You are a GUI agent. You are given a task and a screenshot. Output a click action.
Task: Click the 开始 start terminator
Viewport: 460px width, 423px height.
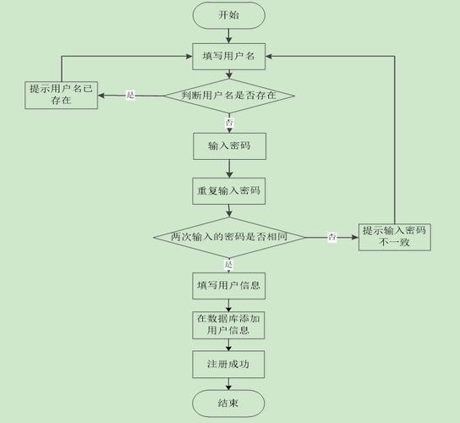coord(228,15)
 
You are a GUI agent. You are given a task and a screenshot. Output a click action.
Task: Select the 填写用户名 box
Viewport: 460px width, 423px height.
coord(228,58)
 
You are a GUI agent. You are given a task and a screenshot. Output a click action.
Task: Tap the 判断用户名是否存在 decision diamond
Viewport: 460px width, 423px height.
coord(228,96)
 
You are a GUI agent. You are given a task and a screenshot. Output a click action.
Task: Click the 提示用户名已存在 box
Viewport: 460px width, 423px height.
coord(61,95)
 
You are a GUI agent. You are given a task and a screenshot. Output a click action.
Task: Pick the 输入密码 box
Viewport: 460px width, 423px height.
coord(228,146)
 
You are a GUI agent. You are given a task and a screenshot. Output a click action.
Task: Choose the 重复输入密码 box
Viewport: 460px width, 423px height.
coord(228,191)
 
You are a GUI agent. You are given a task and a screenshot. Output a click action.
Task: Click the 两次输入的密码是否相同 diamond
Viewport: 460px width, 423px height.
coord(228,238)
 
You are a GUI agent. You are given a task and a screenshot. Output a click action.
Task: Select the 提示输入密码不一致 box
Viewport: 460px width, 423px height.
coord(394,237)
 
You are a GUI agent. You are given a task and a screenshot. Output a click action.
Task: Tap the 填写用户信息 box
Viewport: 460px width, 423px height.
coord(228,285)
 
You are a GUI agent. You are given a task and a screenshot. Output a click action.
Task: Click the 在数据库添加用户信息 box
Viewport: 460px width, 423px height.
coord(228,325)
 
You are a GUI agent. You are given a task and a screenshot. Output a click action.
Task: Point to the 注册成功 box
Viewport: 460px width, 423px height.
coord(228,364)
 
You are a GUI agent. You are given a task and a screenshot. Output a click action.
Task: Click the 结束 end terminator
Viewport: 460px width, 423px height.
coord(228,404)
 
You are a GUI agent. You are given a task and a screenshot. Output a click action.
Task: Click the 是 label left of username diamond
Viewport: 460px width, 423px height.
coord(130,96)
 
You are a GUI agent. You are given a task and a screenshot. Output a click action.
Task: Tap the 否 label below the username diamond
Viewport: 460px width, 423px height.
coord(228,123)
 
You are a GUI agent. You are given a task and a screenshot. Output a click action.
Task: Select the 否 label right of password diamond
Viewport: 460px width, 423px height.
coord(332,238)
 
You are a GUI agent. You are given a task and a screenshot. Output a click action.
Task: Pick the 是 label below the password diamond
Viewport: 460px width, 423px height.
coord(228,264)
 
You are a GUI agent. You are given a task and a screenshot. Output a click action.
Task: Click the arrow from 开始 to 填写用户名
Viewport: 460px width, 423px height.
coord(228,36)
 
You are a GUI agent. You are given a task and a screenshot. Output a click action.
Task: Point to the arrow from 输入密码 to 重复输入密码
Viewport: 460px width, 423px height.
coord(228,168)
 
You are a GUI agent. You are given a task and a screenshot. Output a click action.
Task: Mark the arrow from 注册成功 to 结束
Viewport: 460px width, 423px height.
coord(228,384)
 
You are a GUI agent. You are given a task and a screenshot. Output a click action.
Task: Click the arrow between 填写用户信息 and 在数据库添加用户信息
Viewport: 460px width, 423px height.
coord(228,305)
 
